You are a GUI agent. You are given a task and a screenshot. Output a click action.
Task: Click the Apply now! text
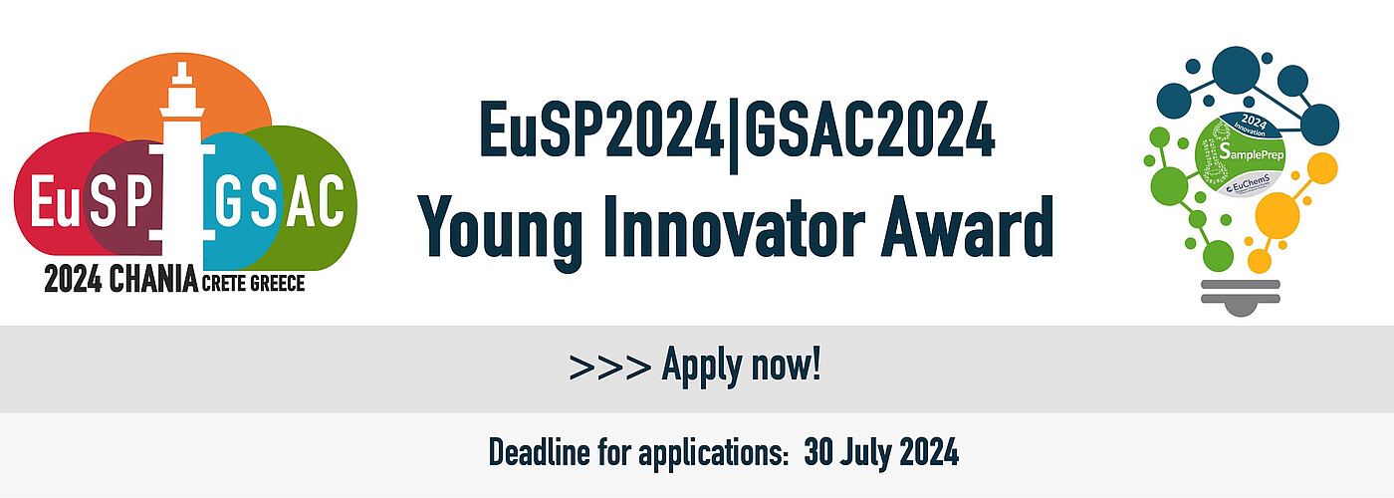point(742,367)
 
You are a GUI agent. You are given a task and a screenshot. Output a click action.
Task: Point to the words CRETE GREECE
point(253,285)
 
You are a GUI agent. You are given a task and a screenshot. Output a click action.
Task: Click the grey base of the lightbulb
point(1240,297)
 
